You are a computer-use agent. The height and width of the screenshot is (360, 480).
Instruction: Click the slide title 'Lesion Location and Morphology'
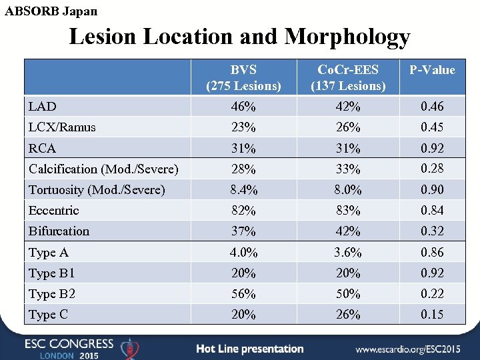click(239, 37)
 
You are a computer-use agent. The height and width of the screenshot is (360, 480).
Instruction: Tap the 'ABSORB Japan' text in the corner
click(51, 11)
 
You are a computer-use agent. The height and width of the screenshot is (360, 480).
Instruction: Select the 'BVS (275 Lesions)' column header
click(243, 78)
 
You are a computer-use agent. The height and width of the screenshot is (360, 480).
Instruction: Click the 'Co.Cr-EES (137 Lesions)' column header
click(348, 78)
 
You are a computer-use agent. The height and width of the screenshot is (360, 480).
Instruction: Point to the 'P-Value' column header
click(432, 70)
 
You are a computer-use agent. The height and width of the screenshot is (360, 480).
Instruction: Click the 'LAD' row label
click(43, 107)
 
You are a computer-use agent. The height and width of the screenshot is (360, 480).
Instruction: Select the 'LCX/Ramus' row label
click(62, 127)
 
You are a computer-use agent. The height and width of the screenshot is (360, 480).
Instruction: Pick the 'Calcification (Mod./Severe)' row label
click(103, 169)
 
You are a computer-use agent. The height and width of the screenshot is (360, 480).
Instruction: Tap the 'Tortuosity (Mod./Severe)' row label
click(97, 190)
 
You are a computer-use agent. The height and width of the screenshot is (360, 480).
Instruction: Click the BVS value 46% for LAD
click(243, 107)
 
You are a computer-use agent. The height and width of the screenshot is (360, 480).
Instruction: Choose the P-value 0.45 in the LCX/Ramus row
click(432, 127)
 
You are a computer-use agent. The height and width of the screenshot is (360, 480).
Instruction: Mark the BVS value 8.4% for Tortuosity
click(243, 190)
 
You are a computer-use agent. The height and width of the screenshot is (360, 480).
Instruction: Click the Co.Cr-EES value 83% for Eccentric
click(348, 211)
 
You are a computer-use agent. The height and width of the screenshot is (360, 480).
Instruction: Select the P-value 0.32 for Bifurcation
click(432, 231)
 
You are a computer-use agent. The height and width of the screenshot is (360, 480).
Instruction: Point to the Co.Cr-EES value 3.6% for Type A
click(348, 253)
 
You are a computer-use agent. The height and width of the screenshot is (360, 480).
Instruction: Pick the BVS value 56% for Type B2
click(243, 294)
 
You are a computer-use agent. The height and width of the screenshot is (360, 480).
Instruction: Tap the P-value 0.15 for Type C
click(432, 315)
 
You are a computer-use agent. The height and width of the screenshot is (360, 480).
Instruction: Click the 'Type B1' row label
click(52, 273)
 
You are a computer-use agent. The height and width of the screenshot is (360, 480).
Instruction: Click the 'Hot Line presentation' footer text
click(250, 349)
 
